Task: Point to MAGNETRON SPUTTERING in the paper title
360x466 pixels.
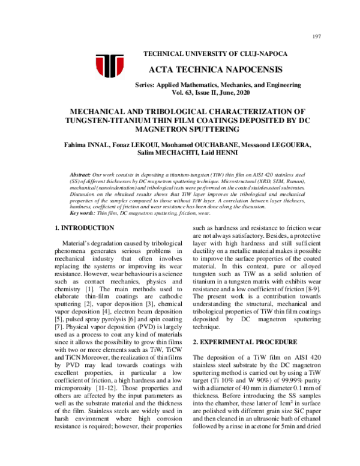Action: click(180, 129)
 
